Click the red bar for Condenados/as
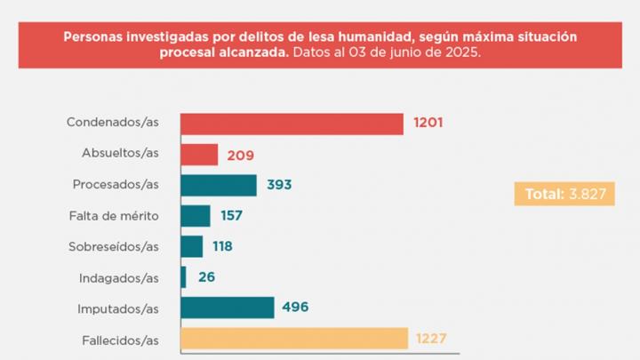[292, 124]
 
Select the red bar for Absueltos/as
[199, 155]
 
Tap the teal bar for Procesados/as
[219, 185]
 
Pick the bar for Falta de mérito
[196, 216]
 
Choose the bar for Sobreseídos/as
[192, 246]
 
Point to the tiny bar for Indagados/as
[184, 277]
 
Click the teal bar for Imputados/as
[228, 308]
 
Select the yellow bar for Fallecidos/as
[294, 339]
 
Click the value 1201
[427, 124]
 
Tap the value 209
[240, 155]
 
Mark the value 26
[206, 277]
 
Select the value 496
[296, 308]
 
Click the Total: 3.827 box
[564, 193]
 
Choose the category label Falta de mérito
[114, 216]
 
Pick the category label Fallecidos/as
[116, 339]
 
